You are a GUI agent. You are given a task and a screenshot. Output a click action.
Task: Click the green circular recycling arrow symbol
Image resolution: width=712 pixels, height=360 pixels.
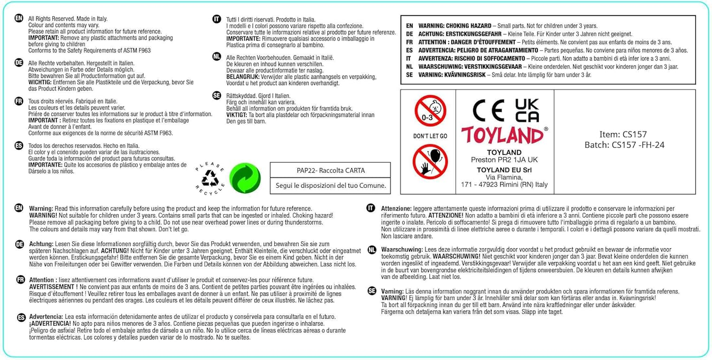coord(245,178)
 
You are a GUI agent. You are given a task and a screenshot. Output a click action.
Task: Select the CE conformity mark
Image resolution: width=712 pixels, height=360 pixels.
coord(488,111)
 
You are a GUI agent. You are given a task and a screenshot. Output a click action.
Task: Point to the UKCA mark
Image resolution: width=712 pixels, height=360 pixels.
coord(527,111)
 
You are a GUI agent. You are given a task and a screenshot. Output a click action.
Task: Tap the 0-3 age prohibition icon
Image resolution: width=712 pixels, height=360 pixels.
coord(430,111)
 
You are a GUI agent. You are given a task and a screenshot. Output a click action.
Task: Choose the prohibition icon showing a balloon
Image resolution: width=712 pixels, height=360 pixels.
coord(430,162)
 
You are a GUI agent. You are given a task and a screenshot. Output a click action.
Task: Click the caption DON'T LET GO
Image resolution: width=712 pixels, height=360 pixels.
coord(430,136)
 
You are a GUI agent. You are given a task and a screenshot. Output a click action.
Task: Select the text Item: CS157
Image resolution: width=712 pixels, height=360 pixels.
coord(622,135)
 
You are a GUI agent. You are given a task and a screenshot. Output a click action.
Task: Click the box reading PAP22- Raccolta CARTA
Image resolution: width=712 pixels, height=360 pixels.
coord(330,170)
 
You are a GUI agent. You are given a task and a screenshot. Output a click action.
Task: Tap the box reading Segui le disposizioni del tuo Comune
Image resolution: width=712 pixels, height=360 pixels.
coord(330,185)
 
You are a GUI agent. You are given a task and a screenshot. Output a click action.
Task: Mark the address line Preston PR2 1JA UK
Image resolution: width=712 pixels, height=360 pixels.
coord(504,160)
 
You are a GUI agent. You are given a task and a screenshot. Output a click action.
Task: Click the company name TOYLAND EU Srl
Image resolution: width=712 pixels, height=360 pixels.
coord(504,170)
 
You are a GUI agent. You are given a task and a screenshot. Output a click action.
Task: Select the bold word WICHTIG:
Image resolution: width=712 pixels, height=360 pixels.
coord(40,82)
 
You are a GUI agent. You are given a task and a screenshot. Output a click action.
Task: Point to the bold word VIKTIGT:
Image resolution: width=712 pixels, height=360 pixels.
coord(237,115)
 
